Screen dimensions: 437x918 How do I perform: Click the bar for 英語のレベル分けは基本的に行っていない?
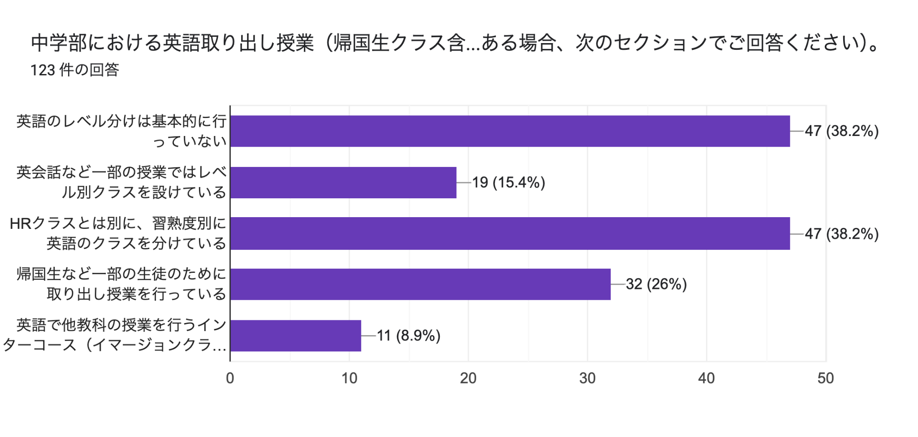(x=510, y=131)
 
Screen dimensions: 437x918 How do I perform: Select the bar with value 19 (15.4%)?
(x=343, y=183)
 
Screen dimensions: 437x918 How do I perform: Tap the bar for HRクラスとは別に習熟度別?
(x=510, y=233)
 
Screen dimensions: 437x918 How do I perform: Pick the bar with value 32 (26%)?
(x=420, y=284)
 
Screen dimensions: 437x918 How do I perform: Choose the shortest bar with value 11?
(x=295, y=336)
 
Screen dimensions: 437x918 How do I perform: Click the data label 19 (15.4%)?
(x=508, y=183)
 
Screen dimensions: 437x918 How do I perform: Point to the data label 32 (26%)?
(x=656, y=284)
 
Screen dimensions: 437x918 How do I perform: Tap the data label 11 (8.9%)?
(x=408, y=336)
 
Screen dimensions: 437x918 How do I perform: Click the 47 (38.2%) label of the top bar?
(x=841, y=131)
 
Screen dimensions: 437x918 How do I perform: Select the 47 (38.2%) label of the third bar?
(x=841, y=234)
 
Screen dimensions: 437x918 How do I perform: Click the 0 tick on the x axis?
(x=230, y=378)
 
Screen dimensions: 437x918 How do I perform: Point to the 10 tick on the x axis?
(x=349, y=378)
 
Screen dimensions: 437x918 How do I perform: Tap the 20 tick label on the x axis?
(x=468, y=378)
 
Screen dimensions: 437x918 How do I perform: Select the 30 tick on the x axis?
(x=587, y=378)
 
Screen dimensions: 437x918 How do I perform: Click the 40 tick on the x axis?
(x=706, y=378)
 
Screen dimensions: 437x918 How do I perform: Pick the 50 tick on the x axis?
(x=825, y=378)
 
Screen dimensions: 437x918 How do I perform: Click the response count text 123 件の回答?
(x=74, y=70)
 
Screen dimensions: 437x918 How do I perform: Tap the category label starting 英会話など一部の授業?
(x=121, y=182)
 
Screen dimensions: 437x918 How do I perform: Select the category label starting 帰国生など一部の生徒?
(x=121, y=284)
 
